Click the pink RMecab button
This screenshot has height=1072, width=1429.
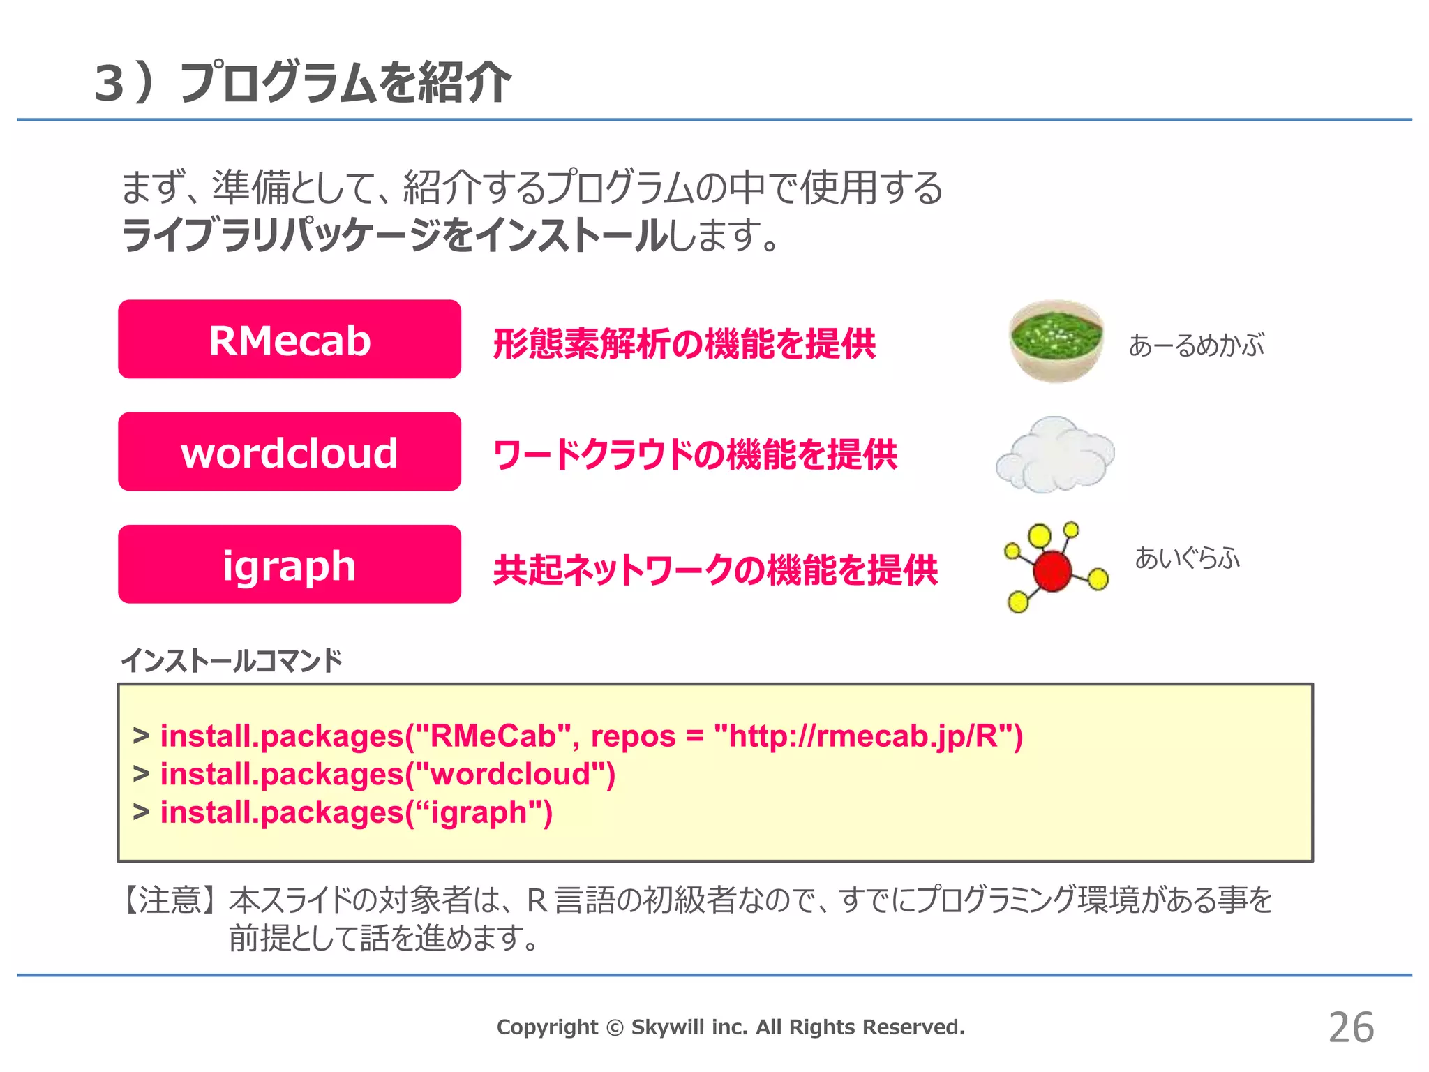pos(290,339)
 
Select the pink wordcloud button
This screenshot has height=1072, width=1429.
pos(290,452)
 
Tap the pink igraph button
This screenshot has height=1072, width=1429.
pos(290,564)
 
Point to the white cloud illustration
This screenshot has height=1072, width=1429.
pos(1054,454)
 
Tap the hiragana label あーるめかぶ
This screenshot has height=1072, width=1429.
pos(1196,345)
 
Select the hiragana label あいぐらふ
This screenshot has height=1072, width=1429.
pos(1187,558)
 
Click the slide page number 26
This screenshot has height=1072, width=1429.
pos(1351,1027)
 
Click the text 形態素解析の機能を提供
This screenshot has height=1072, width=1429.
pos(684,343)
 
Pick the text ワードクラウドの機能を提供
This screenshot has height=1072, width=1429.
pos(695,455)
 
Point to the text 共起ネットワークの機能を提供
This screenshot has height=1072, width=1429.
pos(715,569)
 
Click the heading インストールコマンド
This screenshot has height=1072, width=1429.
pos(232,660)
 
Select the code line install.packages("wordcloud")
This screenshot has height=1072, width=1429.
pos(388,774)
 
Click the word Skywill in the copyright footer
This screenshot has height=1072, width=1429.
pos(666,1027)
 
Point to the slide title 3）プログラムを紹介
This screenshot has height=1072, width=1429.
pos(302,83)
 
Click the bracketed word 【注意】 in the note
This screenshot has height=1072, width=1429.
pos(171,900)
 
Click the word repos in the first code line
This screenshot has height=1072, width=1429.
pos(633,736)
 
